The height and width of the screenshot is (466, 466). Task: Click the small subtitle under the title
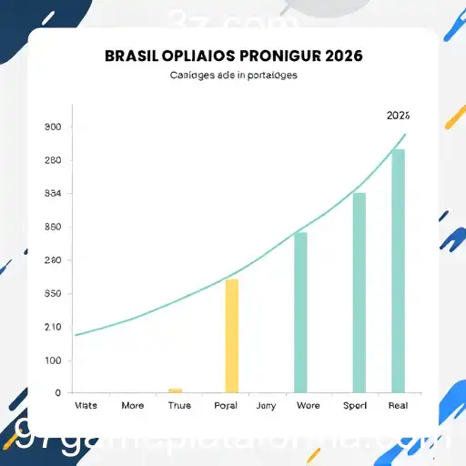point(233,76)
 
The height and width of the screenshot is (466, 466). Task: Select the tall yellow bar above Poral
point(232,335)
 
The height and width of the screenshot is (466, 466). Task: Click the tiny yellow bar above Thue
point(175,390)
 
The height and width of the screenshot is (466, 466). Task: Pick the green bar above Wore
point(300,312)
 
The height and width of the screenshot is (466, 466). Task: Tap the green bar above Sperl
point(359,292)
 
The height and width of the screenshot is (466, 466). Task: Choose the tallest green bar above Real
point(398,270)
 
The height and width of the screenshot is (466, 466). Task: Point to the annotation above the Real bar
point(398,116)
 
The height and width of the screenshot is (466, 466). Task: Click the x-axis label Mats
point(86,406)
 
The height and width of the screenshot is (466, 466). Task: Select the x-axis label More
point(132,406)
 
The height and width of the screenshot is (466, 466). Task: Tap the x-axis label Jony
point(266,406)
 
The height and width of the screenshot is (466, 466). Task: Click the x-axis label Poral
point(225,406)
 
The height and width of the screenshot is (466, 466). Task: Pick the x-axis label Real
point(398,406)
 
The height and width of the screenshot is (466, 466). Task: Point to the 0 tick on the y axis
point(57,393)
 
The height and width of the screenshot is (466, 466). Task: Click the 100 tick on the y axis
point(53,360)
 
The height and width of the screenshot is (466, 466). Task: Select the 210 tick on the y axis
point(53,327)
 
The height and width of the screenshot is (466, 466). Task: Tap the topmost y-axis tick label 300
point(53,127)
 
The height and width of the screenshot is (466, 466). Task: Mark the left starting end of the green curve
point(76,335)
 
